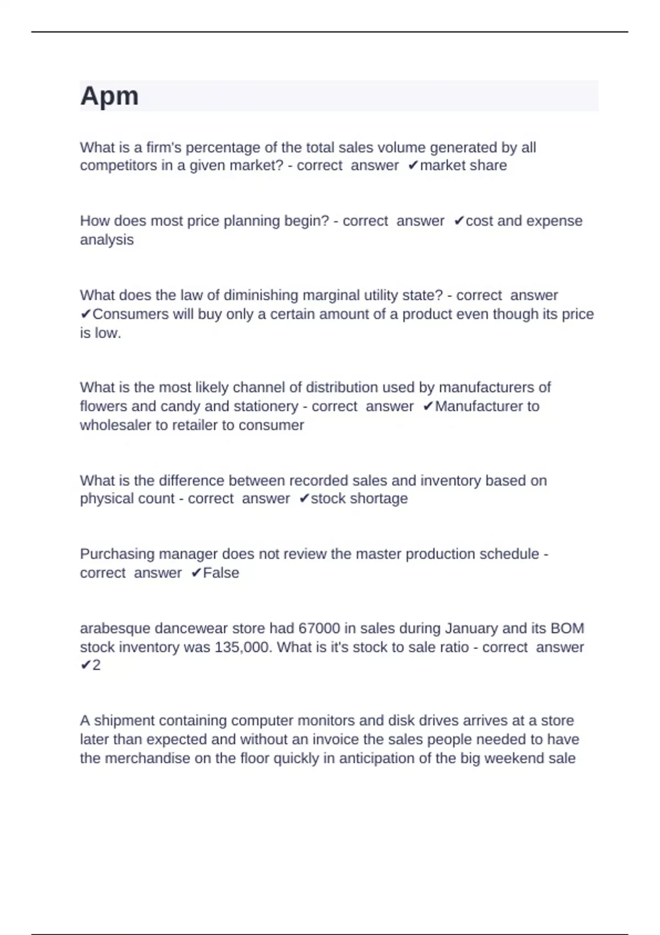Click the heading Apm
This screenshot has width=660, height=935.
(109, 96)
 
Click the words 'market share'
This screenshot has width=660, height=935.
(463, 166)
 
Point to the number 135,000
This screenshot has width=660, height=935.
(243, 647)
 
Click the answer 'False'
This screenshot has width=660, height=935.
(221, 573)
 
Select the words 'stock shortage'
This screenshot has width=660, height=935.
(359, 499)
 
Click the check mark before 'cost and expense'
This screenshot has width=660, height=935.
(459, 221)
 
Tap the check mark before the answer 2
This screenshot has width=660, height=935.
(85, 665)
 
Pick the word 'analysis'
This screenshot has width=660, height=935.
(107, 240)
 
